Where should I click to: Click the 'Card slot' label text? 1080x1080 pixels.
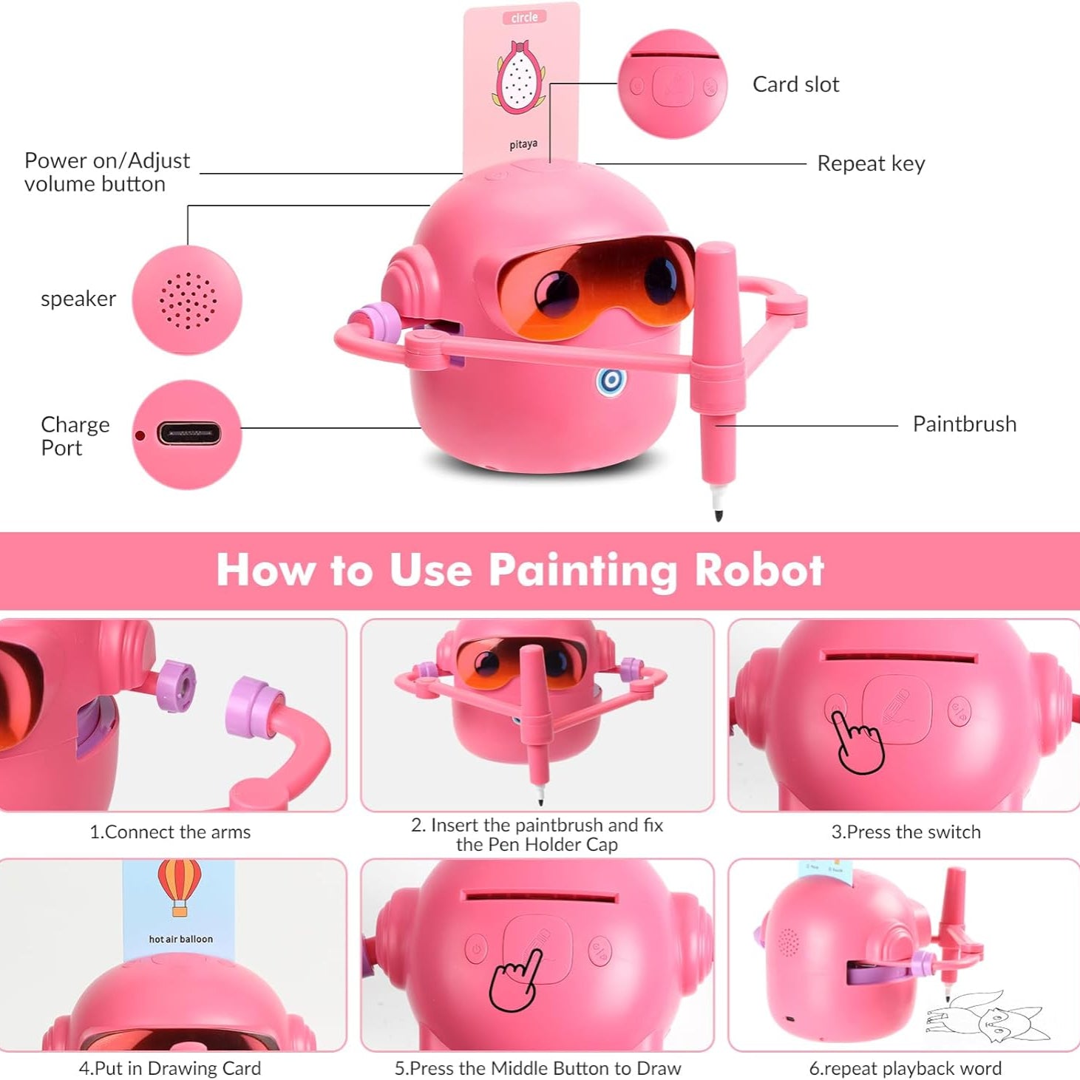[795, 84]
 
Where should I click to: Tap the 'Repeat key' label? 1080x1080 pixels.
[871, 163]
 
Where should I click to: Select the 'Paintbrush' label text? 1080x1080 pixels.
[964, 424]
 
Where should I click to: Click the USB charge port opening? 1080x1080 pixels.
[189, 434]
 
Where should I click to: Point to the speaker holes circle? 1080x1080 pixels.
[188, 300]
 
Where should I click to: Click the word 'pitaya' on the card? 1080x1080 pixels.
[523, 144]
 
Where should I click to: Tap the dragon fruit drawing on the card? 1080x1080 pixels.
[520, 78]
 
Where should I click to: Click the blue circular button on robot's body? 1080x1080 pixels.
[611, 381]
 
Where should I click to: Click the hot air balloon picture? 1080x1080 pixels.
[180, 886]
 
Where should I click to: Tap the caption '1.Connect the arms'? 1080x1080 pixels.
[170, 832]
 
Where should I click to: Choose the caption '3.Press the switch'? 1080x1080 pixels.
[906, 832]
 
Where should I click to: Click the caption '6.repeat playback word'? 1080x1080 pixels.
[905, 1068]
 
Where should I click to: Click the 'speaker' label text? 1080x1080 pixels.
[78, 299]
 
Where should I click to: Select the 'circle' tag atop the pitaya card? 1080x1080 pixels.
[524, 17]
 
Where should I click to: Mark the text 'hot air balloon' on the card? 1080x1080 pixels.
[180, 939]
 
